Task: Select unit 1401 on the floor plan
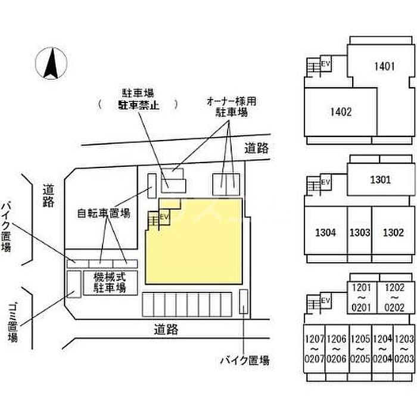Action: pos(384,66)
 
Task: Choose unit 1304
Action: pos(325,232)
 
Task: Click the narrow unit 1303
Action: pos(360,232)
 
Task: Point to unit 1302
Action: pos(393,232)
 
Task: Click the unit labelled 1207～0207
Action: pos(315,348)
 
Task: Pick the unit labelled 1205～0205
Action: pos(360,348)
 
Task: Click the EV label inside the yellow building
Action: pos(165,217)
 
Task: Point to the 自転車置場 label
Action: pos(104,213)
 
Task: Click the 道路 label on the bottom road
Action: pos(166,328)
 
